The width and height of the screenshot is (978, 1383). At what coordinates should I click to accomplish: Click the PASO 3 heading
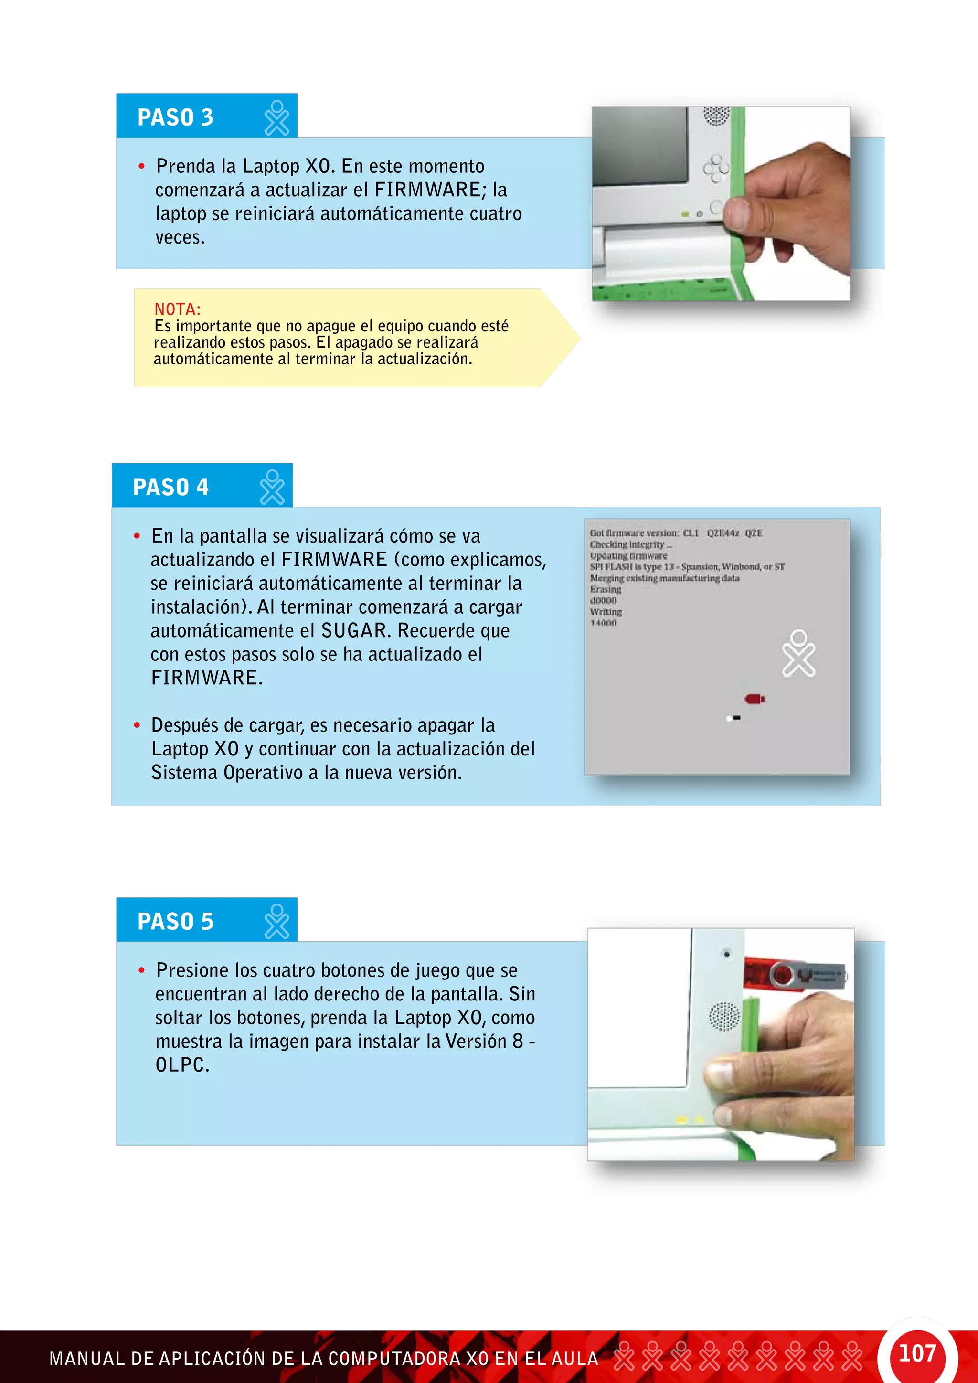coord(175,117)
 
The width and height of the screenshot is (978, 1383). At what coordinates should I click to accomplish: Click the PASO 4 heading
coord(170,487)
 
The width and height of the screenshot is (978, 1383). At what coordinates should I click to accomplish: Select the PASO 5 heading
coord(175,922)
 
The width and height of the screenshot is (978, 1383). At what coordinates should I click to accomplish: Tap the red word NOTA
coord(177,309)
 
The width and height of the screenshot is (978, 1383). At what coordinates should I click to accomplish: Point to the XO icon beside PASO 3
coord(277,118)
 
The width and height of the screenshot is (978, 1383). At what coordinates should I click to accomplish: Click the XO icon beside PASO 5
coord(277,922)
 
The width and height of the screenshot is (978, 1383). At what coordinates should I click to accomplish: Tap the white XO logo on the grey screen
coord(798,654)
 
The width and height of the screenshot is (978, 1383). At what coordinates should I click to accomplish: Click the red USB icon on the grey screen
coord(754,699)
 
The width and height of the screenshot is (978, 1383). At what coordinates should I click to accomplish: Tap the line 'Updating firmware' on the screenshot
coord(628,556)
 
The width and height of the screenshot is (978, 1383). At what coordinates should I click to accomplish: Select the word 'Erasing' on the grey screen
coord(605,590)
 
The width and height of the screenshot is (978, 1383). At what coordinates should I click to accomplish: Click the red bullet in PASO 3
coord(141,166)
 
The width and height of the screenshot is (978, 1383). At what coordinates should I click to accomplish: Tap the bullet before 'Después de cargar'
coord(138,725)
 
